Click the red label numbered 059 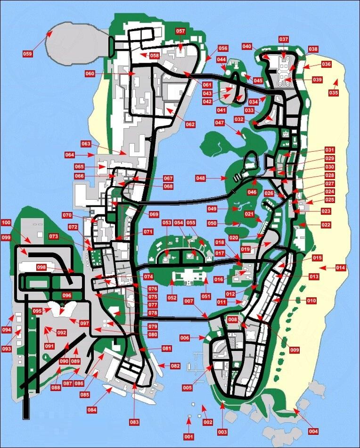pos(28,54)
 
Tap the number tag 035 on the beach pos(334,93)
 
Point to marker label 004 pos(313,431)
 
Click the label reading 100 pos(6,222)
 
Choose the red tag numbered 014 pos(340,268)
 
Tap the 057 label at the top pos(180,32)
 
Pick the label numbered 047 pos(220,123)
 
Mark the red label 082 pos(175,366)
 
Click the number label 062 pos(190,125)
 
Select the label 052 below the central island pos(171,298)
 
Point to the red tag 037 pos(283,39)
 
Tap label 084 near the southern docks pos(92,410)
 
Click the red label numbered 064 pos(70,155)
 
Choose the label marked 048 pos(201,178)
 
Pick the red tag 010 pos(311,301)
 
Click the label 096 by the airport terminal pos(67,295)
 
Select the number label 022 pos(326,225)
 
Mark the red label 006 pos(185,338)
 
